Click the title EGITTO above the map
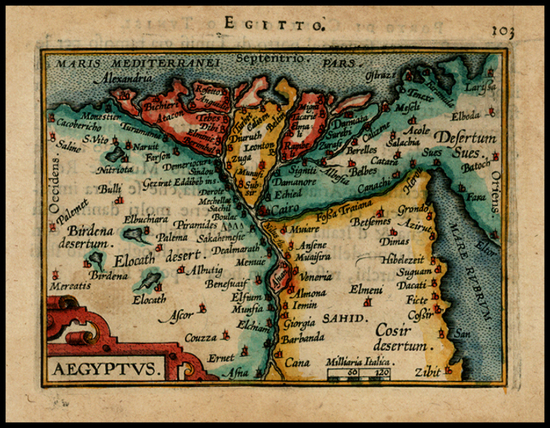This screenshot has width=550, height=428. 273,24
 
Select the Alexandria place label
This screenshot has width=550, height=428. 122,78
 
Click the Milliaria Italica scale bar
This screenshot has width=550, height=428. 359,372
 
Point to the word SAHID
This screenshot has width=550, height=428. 343,318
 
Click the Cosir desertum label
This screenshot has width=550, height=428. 400,338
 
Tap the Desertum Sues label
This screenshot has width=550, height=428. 465,145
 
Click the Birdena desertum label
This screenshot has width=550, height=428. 90,237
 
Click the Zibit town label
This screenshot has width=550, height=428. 428,372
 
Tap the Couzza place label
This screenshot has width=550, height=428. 200,338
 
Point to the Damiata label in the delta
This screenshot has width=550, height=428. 350,119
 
